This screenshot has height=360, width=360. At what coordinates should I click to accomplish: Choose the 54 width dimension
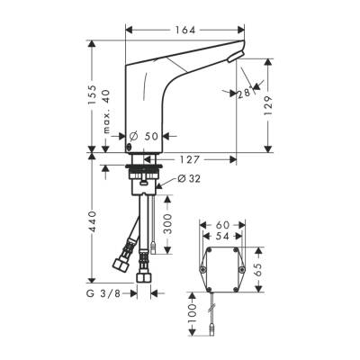click(x=222, y=234)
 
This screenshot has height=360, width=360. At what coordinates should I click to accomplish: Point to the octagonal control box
click(x=222, y=267)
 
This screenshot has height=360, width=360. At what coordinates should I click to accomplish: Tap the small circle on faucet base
click(x=131, y=146)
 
